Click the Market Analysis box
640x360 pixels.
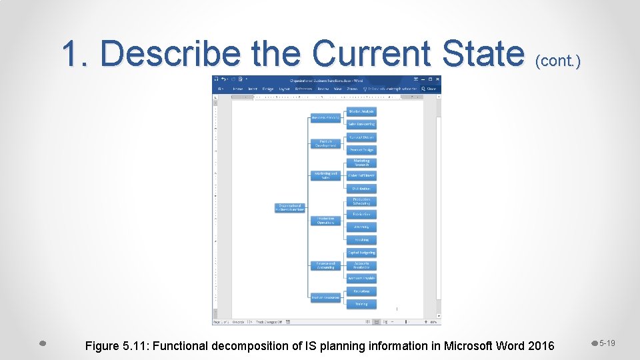pyautogui.click(x=361, y=111)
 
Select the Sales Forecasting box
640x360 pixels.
pyautogui.click(x=361, y=124)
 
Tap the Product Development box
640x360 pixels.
pyautogui.click(x=326, y=143)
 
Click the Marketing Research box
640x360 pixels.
pyautogui.click(x=361, y=163)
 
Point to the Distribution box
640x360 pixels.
pyautogui.click(x=361, y=189)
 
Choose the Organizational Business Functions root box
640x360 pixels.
pyautogui.click(x=290, y=208)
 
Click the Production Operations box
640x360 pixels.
pyautogui.click(x=326, y=221)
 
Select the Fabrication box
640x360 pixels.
pyautogui.click(x=361, y=214)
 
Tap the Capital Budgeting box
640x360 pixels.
pyautogui.click(x=361, y=253)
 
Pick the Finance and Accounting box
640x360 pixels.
pyautogui.click(x=326, y=265)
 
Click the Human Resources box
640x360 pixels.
pyautogui.click(x=326, y=297)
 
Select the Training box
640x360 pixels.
pyautogui.click(x=361, y=304)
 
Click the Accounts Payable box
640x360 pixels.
pyautogui.click(x=361, y=278)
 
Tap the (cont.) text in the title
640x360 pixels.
pyautogui.click(x=557, y=61)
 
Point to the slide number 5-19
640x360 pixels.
pyautogui.click(x=607, y=343)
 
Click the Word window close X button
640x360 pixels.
pyautogui.click(x=438, y=79)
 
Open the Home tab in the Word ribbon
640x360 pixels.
pyautogui.click(x=237, y=88)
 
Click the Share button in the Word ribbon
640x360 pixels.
pyautogui.click(x=431, y=88)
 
